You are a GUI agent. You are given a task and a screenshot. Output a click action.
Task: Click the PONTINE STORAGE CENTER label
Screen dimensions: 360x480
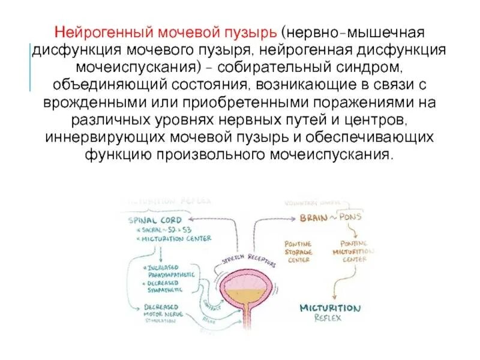[298, 251]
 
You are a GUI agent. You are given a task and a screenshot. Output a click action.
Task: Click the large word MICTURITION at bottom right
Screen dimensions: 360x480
[331, 308]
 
